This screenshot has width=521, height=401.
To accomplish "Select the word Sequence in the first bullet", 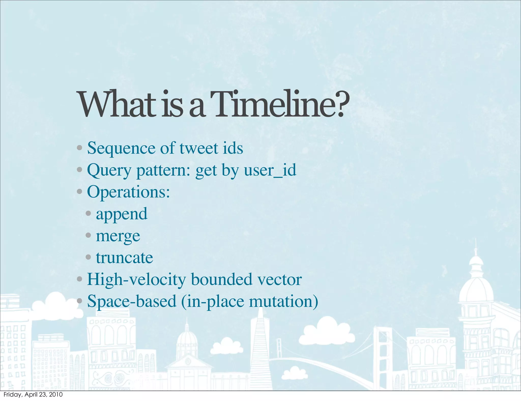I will point(121,148).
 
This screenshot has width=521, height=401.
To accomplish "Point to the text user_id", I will point(270,170).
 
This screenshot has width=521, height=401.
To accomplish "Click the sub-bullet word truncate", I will point(124,258).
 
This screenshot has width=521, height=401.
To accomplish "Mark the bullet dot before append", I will point(88,213).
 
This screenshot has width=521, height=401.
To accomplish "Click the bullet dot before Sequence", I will point(79,148).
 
